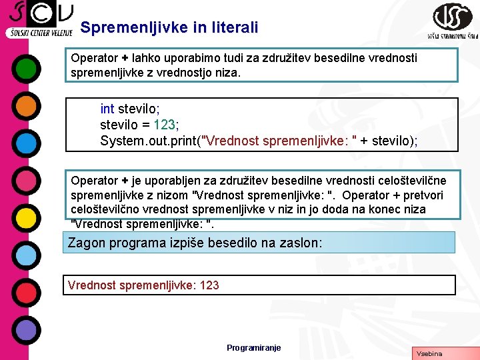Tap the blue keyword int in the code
click(x=107, y=108)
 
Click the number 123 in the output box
click(x=209, y=285)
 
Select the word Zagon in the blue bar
click(x=87, y=243)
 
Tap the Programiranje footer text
click(x=253, y=348)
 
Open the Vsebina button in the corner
click(x=429, y=353)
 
